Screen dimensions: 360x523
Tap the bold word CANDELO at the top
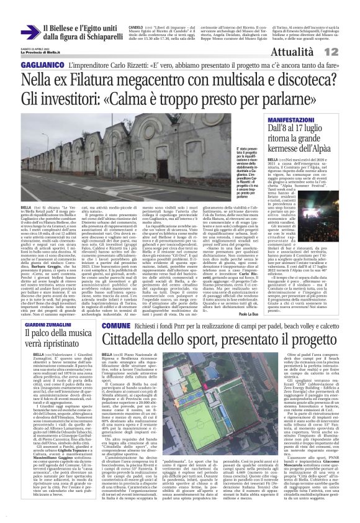coord(136,28)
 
